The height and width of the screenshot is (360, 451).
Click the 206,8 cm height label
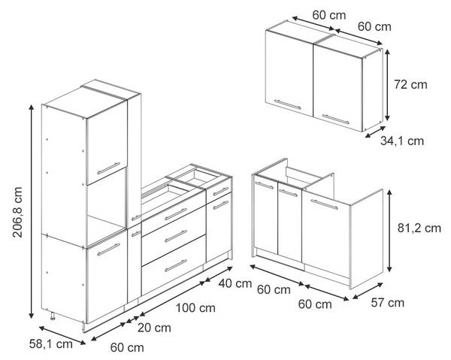coord(17,212)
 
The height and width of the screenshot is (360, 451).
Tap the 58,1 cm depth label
coord(51,344)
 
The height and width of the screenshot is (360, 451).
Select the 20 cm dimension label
coord(154,328)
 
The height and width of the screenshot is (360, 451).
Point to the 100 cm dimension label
coord(195,308)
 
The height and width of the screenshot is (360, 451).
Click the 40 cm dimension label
coord(235,283)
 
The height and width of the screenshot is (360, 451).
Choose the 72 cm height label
coord(410,84)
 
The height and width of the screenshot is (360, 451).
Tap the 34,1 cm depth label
coord(402,141)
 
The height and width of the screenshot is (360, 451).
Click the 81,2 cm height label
coord(419,228)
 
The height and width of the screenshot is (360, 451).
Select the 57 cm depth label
coord(388,302)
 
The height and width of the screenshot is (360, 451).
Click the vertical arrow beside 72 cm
coord(387,85)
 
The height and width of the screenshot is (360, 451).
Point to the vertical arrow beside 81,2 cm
coord(389,231)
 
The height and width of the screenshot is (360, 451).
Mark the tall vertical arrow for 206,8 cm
coord(32,211)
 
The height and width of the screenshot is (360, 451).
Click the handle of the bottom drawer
coord(176,265)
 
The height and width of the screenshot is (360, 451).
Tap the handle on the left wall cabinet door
coord(287,104)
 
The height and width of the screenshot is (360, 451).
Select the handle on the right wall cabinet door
coord(335,119)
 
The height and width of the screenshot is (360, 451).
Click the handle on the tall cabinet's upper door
coord(108,168)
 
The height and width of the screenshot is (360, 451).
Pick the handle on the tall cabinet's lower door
coord(108,250)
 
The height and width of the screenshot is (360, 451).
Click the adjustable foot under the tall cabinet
coord(53,316)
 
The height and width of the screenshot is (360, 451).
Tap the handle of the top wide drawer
coord(176,214)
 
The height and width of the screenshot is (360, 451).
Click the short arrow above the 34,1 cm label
coord(375,132)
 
